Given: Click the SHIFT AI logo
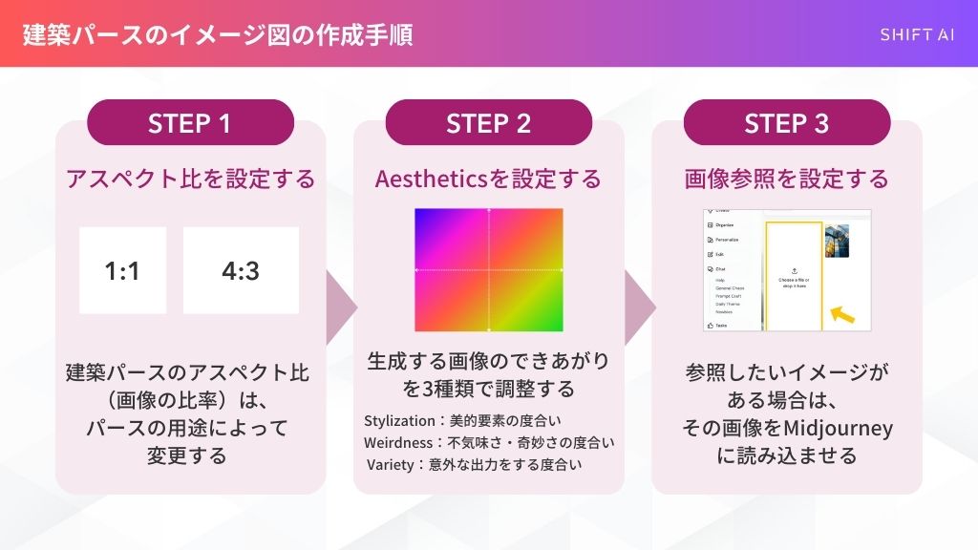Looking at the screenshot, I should pos(916,35).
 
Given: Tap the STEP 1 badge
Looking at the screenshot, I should pos(190,123).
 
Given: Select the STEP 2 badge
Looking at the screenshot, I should pos(488,123).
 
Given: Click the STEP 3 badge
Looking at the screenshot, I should pos(786,123).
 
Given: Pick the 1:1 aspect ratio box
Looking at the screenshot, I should pos(122,270).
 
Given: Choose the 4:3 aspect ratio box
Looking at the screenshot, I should pos(241,270).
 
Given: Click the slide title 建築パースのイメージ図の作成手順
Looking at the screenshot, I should pos(218,35).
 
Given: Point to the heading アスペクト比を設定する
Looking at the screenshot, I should pos(190,179).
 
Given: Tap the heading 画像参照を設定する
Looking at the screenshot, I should pos(786,179).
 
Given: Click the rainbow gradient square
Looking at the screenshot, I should pos(489,270).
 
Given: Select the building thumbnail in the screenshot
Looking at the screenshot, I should pos(837,241).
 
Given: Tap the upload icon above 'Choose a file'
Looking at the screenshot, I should pos(795,271).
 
